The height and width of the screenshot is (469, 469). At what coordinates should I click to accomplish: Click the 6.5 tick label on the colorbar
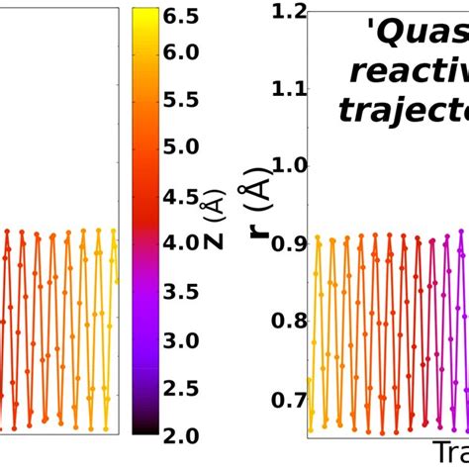(181, 15)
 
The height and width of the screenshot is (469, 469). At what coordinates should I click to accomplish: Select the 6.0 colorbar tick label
(181, 51)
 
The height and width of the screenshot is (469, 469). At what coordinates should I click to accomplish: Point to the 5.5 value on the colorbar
(181, 99)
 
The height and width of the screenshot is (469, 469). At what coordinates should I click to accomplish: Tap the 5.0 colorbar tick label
(181, 147)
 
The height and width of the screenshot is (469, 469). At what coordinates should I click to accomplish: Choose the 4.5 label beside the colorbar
(181, 196)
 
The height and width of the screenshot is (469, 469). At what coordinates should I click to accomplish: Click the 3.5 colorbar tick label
(181, 292)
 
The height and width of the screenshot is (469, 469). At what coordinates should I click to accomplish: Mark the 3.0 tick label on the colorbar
(181, 339)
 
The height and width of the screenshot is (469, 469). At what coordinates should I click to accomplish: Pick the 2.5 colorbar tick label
(181, 388)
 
